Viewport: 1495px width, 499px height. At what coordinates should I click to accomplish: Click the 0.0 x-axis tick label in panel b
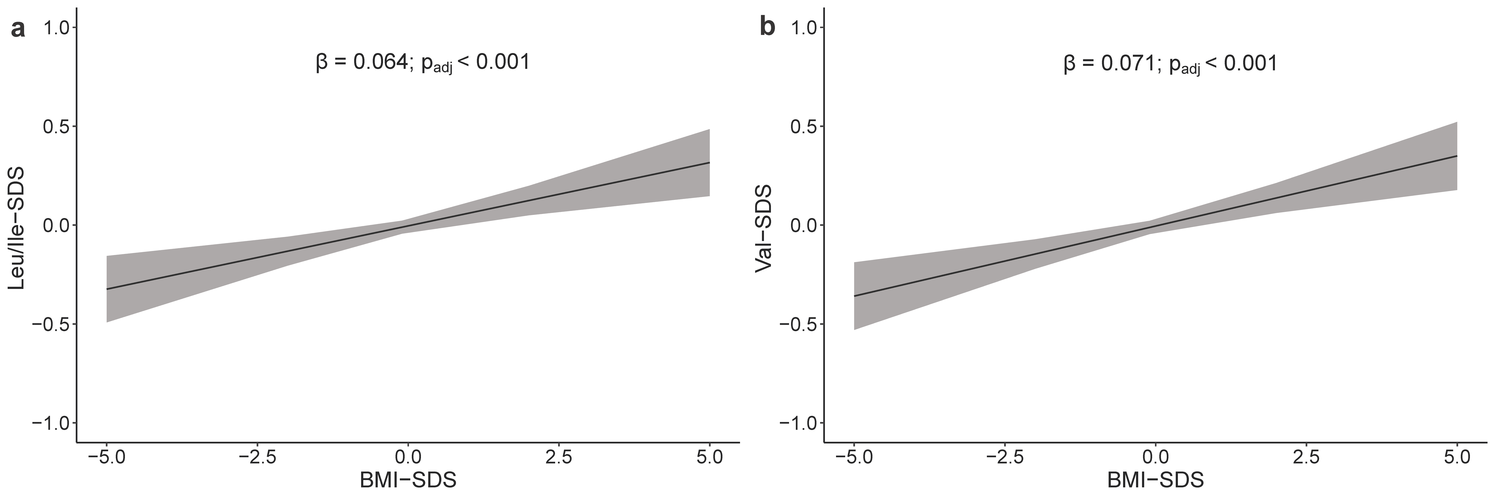point(1155,457)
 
